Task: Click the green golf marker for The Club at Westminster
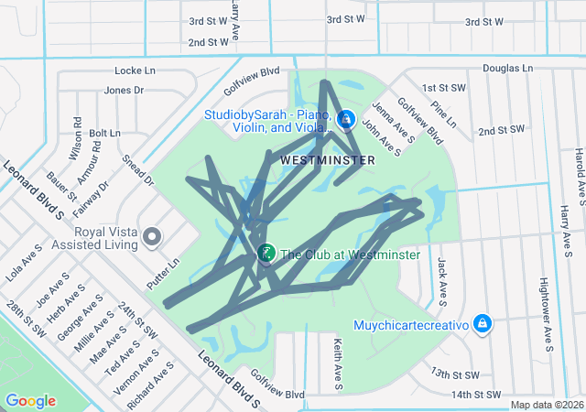pyautogui.click(x=266, y=254)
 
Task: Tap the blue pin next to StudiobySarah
pyautogui.click(x=346, y=119)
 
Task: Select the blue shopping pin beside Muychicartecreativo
pyautogui.click(x=483, y=324)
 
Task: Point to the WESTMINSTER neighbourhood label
pyautogui.click(x=328, y=160)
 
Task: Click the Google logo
pyautogui.click(x=31, y=401)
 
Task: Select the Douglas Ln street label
pyautogui.click(x=507, y=69)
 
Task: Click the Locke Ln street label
pyautogui.click(x=136, y=70)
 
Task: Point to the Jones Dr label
pyautogui.click(x=125, y=90)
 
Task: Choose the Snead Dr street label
pyautogui.click(x=138, y=170)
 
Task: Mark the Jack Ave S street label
pyautogui.click(x=442, y=280)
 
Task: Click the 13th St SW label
pyautogui.click(x=455, y=374)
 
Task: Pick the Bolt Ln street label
pyautogui.click(x=104, y=134)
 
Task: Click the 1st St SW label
pyautogui.click(x=444, y=88)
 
